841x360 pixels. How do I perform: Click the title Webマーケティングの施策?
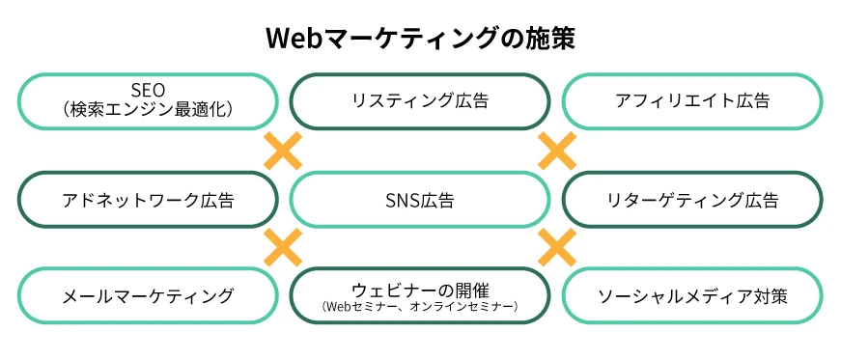[x=420, y=38]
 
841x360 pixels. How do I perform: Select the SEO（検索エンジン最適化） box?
[x=149, y=100]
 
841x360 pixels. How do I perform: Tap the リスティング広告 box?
[x=420, y=100]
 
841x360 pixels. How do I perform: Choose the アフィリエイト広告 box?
[x=692, y=100]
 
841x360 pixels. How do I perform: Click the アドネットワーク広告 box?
[x=149, y=200]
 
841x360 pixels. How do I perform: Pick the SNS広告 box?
[x=420, y=200]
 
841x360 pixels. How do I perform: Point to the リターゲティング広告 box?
[x=692, y=200]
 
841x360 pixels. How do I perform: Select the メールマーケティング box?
[x=149, y=295]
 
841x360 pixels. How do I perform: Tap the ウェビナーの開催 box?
[x=420, y=295]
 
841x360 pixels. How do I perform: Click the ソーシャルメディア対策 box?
[x=692, y=295]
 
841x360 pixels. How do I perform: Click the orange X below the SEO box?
[x=283, y=151]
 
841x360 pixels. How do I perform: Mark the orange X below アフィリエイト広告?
[x=556, y=151]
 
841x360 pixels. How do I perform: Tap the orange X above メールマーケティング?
[x=283, y=247]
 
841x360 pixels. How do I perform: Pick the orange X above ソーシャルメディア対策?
[x=556, y=247]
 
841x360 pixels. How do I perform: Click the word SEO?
[x=148, y=91]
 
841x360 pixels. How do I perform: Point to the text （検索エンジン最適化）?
[x=149, y=110]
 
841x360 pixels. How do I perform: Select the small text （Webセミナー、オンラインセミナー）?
[x=420, y=307]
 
